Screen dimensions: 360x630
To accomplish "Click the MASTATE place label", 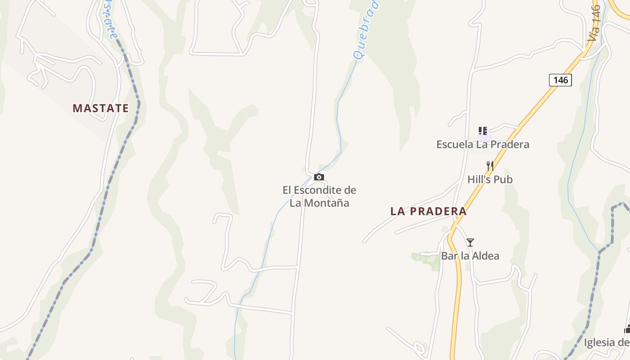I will (x=100, y=108).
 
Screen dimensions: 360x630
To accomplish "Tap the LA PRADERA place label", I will (x=428, y=211).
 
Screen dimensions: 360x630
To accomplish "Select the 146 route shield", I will (x=560, y=80).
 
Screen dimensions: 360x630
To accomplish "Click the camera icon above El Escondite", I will (x=319, y=177).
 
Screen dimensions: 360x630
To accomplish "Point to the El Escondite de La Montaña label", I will (x=319, y=196).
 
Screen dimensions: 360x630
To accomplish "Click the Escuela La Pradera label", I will (x=482, y=144).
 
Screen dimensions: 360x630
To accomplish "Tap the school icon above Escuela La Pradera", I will (x=483, y=131).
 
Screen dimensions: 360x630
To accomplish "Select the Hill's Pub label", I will (x=490, y=180).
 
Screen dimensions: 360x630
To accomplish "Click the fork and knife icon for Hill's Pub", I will (x=490, y=166).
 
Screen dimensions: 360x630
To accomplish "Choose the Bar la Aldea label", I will (x=470, y=256).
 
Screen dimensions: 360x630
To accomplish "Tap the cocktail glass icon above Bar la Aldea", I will (x=470, y=243).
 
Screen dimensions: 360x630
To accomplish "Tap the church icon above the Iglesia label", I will (x=627, y=329).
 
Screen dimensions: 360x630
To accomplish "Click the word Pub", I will (x=503, y=180).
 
